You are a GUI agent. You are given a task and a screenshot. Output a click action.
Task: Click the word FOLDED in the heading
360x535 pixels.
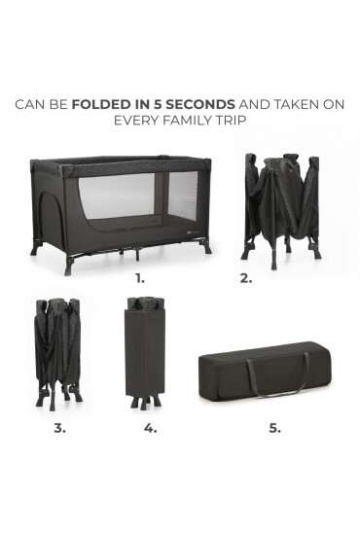point(101,104)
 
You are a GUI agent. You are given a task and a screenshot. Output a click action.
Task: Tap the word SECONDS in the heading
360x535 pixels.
point(200,104)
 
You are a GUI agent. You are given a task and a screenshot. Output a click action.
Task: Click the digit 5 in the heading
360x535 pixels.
point(158,104)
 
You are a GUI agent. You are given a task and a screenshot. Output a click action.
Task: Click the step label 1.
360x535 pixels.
point(140,278)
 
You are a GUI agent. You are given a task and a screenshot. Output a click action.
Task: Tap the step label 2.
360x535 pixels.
point(246,278)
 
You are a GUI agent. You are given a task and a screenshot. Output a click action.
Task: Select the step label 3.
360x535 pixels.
point(59,428)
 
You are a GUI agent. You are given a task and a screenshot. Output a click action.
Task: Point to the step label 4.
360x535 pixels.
point(150,428)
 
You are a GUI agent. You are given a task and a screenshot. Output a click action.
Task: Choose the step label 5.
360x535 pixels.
point(274,428)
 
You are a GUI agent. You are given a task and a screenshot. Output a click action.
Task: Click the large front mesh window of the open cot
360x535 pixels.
point(116,196)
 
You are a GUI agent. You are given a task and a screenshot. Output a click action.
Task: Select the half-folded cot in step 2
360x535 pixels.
point(281,211)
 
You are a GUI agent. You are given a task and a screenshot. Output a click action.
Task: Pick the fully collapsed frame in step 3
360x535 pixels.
point(58,354)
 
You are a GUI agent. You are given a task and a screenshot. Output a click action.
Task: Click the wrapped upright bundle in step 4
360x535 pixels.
point(145,352)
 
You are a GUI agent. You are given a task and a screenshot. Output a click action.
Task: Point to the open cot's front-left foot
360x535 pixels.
point(70,267)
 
